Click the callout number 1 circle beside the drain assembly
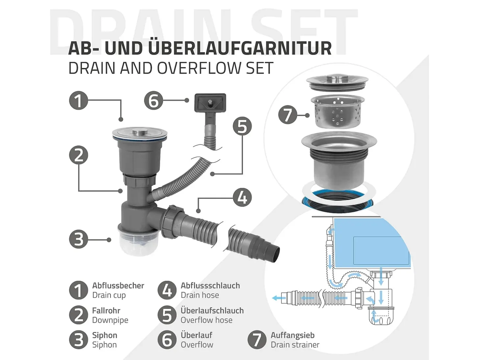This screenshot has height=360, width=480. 79,101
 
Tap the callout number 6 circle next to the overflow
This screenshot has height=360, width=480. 154,101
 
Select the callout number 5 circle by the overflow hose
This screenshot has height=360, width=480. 242,126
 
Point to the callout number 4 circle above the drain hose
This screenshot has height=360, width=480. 242,197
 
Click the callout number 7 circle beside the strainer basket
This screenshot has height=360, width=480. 288,115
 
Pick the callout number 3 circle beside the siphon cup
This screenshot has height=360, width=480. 79,239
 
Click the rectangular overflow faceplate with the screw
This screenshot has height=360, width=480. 210,103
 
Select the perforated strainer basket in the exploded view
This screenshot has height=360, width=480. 338,111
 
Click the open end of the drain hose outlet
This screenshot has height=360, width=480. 276,254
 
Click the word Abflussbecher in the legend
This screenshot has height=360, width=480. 118,285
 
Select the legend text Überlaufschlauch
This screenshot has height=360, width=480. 212,310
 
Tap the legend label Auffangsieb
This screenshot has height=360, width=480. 293,335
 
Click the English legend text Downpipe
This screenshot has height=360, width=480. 110,320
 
